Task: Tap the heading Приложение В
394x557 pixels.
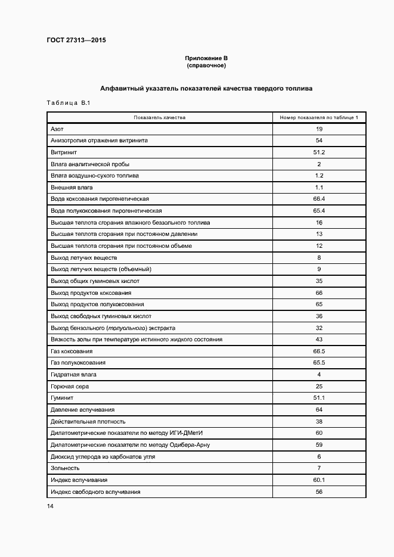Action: point(206,58)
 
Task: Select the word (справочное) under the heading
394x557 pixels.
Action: point(206,65)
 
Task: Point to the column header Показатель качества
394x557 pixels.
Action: point(160,117)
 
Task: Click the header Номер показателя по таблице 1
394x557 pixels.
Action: point(319,117)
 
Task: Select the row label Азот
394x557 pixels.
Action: point(57,129)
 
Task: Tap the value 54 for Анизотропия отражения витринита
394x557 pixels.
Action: point(319,141)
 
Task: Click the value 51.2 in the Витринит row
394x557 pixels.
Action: point(319,153)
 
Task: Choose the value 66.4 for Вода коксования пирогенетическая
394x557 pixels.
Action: point(319,199)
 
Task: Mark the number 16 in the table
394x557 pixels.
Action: point(319,222)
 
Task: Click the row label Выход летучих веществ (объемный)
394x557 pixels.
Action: point(101,269)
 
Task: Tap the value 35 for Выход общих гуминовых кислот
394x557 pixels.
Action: point(319,281)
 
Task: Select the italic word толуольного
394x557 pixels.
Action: point(127,328)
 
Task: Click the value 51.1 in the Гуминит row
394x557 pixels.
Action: point(319,398)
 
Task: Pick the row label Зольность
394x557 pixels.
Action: point(65,468)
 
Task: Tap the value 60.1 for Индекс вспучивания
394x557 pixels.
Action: point(319,480)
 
